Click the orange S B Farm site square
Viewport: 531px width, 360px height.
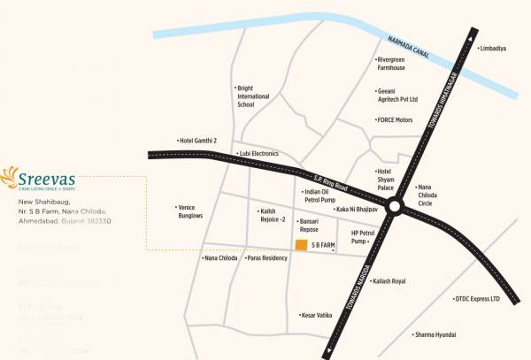tap(302, 244)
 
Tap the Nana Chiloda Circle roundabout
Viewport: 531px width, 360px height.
tap(396, 207)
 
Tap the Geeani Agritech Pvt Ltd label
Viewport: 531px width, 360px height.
tap(397, 96)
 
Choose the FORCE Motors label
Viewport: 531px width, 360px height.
tap(395, 119)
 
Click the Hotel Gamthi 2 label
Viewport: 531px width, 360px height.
tap(196, 141)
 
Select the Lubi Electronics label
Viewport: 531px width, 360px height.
tap(258, 153)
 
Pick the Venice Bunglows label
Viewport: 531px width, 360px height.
tap(190, 211)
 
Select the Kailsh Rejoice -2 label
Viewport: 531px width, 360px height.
tap(271, 215)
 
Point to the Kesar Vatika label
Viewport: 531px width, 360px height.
tap(316, 315)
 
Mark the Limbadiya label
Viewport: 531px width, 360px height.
tap(492, 49)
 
